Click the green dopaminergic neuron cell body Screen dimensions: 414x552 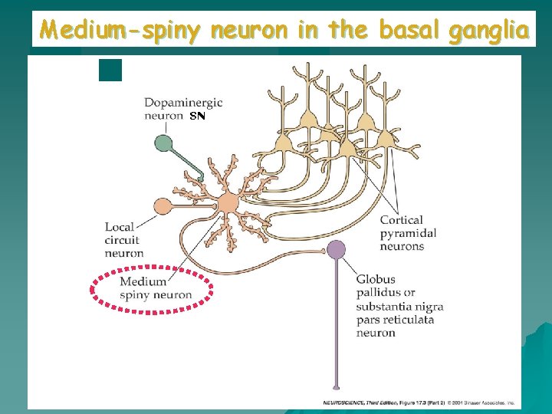click(163, 143)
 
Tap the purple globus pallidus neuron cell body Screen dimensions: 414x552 click(336, 248)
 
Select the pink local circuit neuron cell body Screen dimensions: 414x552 click(163, 205)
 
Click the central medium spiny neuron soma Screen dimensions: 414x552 click(228, 204)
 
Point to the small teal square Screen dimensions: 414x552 click(110, 70)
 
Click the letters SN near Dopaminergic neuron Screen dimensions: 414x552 click(197, 116)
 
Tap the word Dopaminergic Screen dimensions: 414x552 click(183, 103)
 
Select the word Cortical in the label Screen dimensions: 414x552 click(401, 220)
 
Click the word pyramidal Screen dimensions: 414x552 click(408, 233)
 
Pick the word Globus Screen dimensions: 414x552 click(376, 279)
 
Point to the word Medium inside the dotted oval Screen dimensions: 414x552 click(143, 281)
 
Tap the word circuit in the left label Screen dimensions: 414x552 click(123, 240)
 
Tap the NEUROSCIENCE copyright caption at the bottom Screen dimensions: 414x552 click(418, 402)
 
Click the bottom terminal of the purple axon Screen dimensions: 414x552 click(336, 387)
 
